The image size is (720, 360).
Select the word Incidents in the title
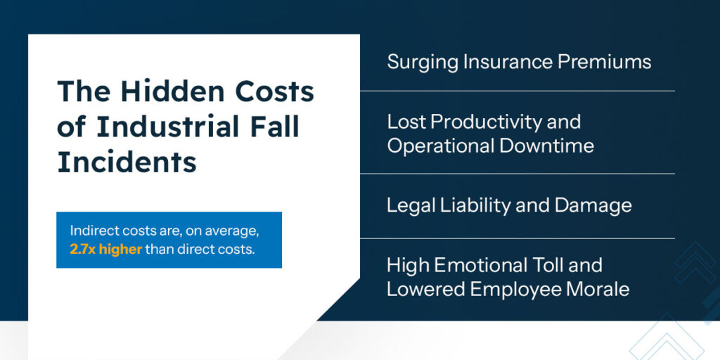click(127, 162)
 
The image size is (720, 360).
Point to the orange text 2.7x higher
click(106, 250)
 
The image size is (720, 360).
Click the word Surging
click(423, 63)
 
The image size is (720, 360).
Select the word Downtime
click(547, 146)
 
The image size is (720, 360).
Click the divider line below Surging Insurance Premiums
click(517, 91)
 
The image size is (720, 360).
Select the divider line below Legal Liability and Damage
click(517, 238)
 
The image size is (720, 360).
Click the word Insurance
click(508, 62)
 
